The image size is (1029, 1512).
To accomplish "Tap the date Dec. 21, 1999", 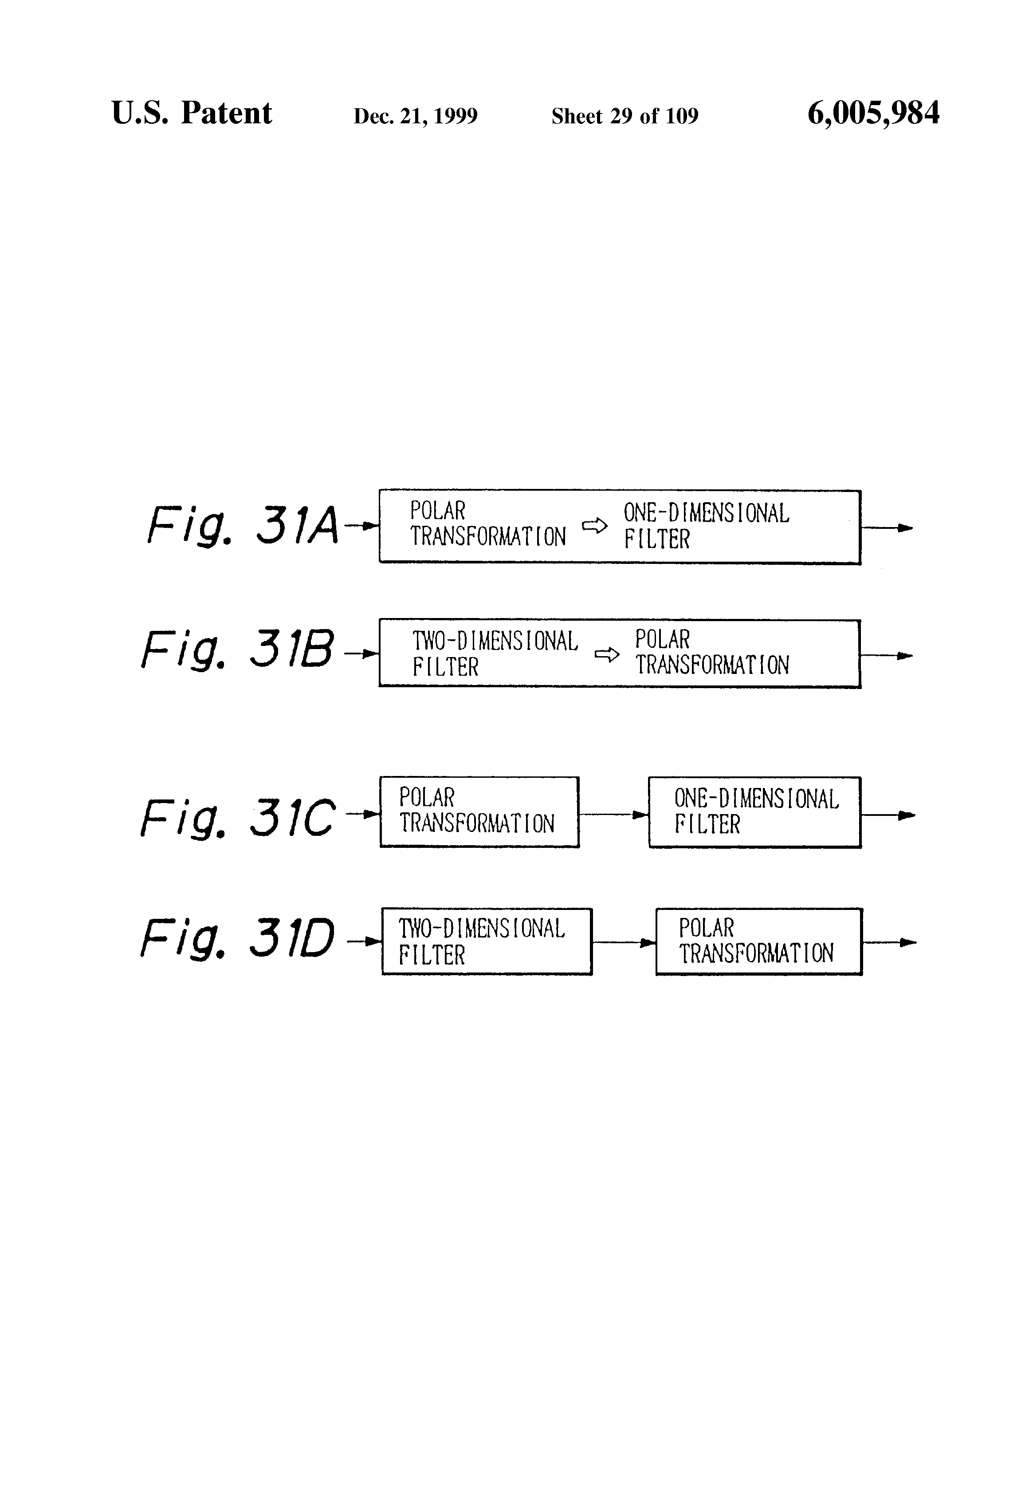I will [415, 116].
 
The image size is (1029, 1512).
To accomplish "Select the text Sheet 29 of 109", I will [624, 116].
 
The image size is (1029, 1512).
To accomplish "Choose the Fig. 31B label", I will [237, 650].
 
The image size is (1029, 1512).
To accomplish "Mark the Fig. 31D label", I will [237, 938].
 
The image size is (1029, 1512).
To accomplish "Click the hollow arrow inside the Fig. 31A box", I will [594, 526].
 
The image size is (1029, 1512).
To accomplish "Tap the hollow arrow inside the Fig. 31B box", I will [606, 654].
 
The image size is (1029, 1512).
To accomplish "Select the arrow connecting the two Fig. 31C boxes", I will [613, 815].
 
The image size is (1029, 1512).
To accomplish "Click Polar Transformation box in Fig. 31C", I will [479, 812].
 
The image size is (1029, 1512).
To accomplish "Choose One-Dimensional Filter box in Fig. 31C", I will [754, 812].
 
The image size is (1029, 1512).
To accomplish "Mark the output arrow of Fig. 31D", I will [889, 942].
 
